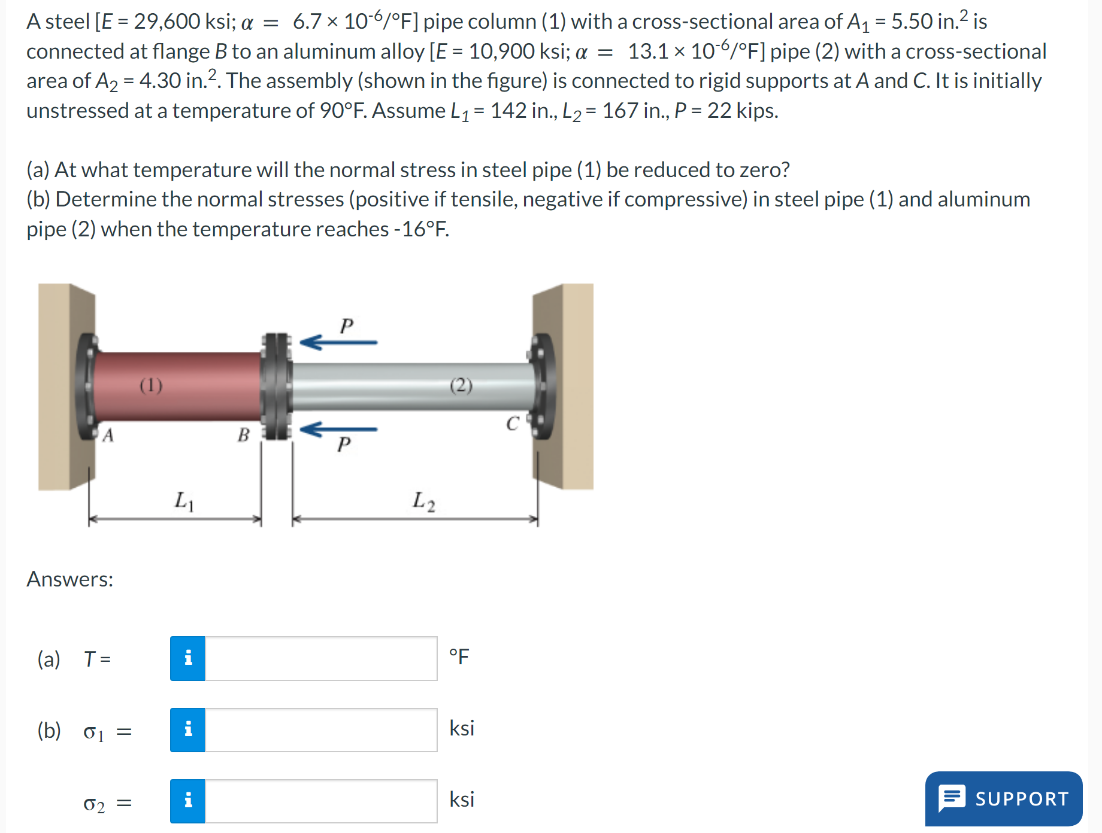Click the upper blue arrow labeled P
pyautogui.click(x=338, y=342)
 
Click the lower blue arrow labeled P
pyautogui.click(x=338, y=429)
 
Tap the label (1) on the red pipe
pyautogui.click(x=151, y=385)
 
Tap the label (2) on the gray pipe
pyautogui.click(x=461, y=385)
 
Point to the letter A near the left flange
pyautogui.click(x=108, y=435)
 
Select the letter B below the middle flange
pyautogui.click(x=243, y=434)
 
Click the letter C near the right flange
pyautogui.click(x=512, y=424)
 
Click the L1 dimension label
pyautogui.click(x=184, y=501)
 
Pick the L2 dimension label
pyautogui.click(x=423, y=501)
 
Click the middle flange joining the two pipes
pyautogui.click(x=276, y=387)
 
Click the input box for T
pyautogui.click(x=321, y=658)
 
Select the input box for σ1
pyautogui.click(x=321, y=730)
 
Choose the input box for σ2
pyautogui.click(x=321, y=801)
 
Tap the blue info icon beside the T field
pyautogui.click(x=187, y=658)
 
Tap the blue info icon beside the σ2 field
pyautogui.click(x=187, y=801)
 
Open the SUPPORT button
pyautogui.click(x=1004, y=798)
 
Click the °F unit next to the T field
pyautogui.click(x=459, y=656)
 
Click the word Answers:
pyautogui.click(x=70, y=579)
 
